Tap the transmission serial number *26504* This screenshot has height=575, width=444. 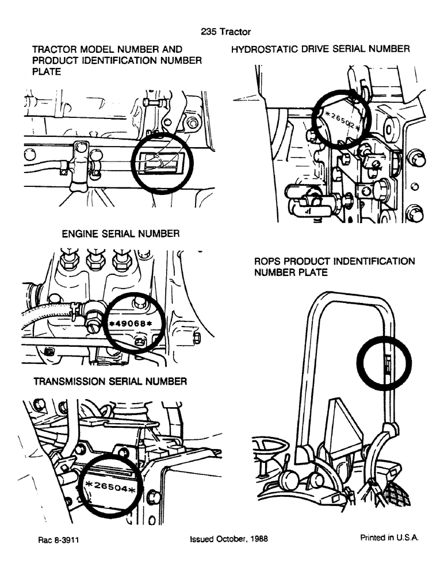tap(110, 488)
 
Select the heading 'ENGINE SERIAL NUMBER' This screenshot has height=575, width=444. tap(121, 233)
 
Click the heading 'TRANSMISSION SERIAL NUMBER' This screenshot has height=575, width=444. tap(110, 381)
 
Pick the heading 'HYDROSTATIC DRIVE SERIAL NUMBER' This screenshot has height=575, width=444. tap(320, 49)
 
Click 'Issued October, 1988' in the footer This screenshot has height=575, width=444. tap(228, 539)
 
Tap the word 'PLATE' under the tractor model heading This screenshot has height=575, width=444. tap(47, 71)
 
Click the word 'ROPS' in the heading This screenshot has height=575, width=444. tap(267, 262)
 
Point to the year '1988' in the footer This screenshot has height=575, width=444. tap(257, 539)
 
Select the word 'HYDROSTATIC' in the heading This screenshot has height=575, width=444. tap(264, 49)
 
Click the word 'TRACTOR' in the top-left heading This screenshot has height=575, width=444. tap(55, 49)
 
